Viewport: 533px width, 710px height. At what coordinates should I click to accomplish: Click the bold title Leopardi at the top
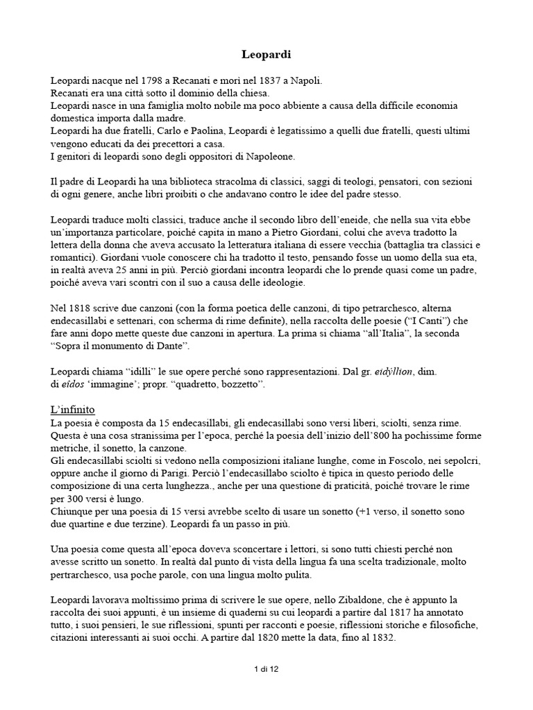(266, 53)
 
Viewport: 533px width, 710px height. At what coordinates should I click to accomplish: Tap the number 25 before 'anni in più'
(138, 270)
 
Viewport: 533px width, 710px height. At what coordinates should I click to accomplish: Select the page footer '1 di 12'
(266, 669)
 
